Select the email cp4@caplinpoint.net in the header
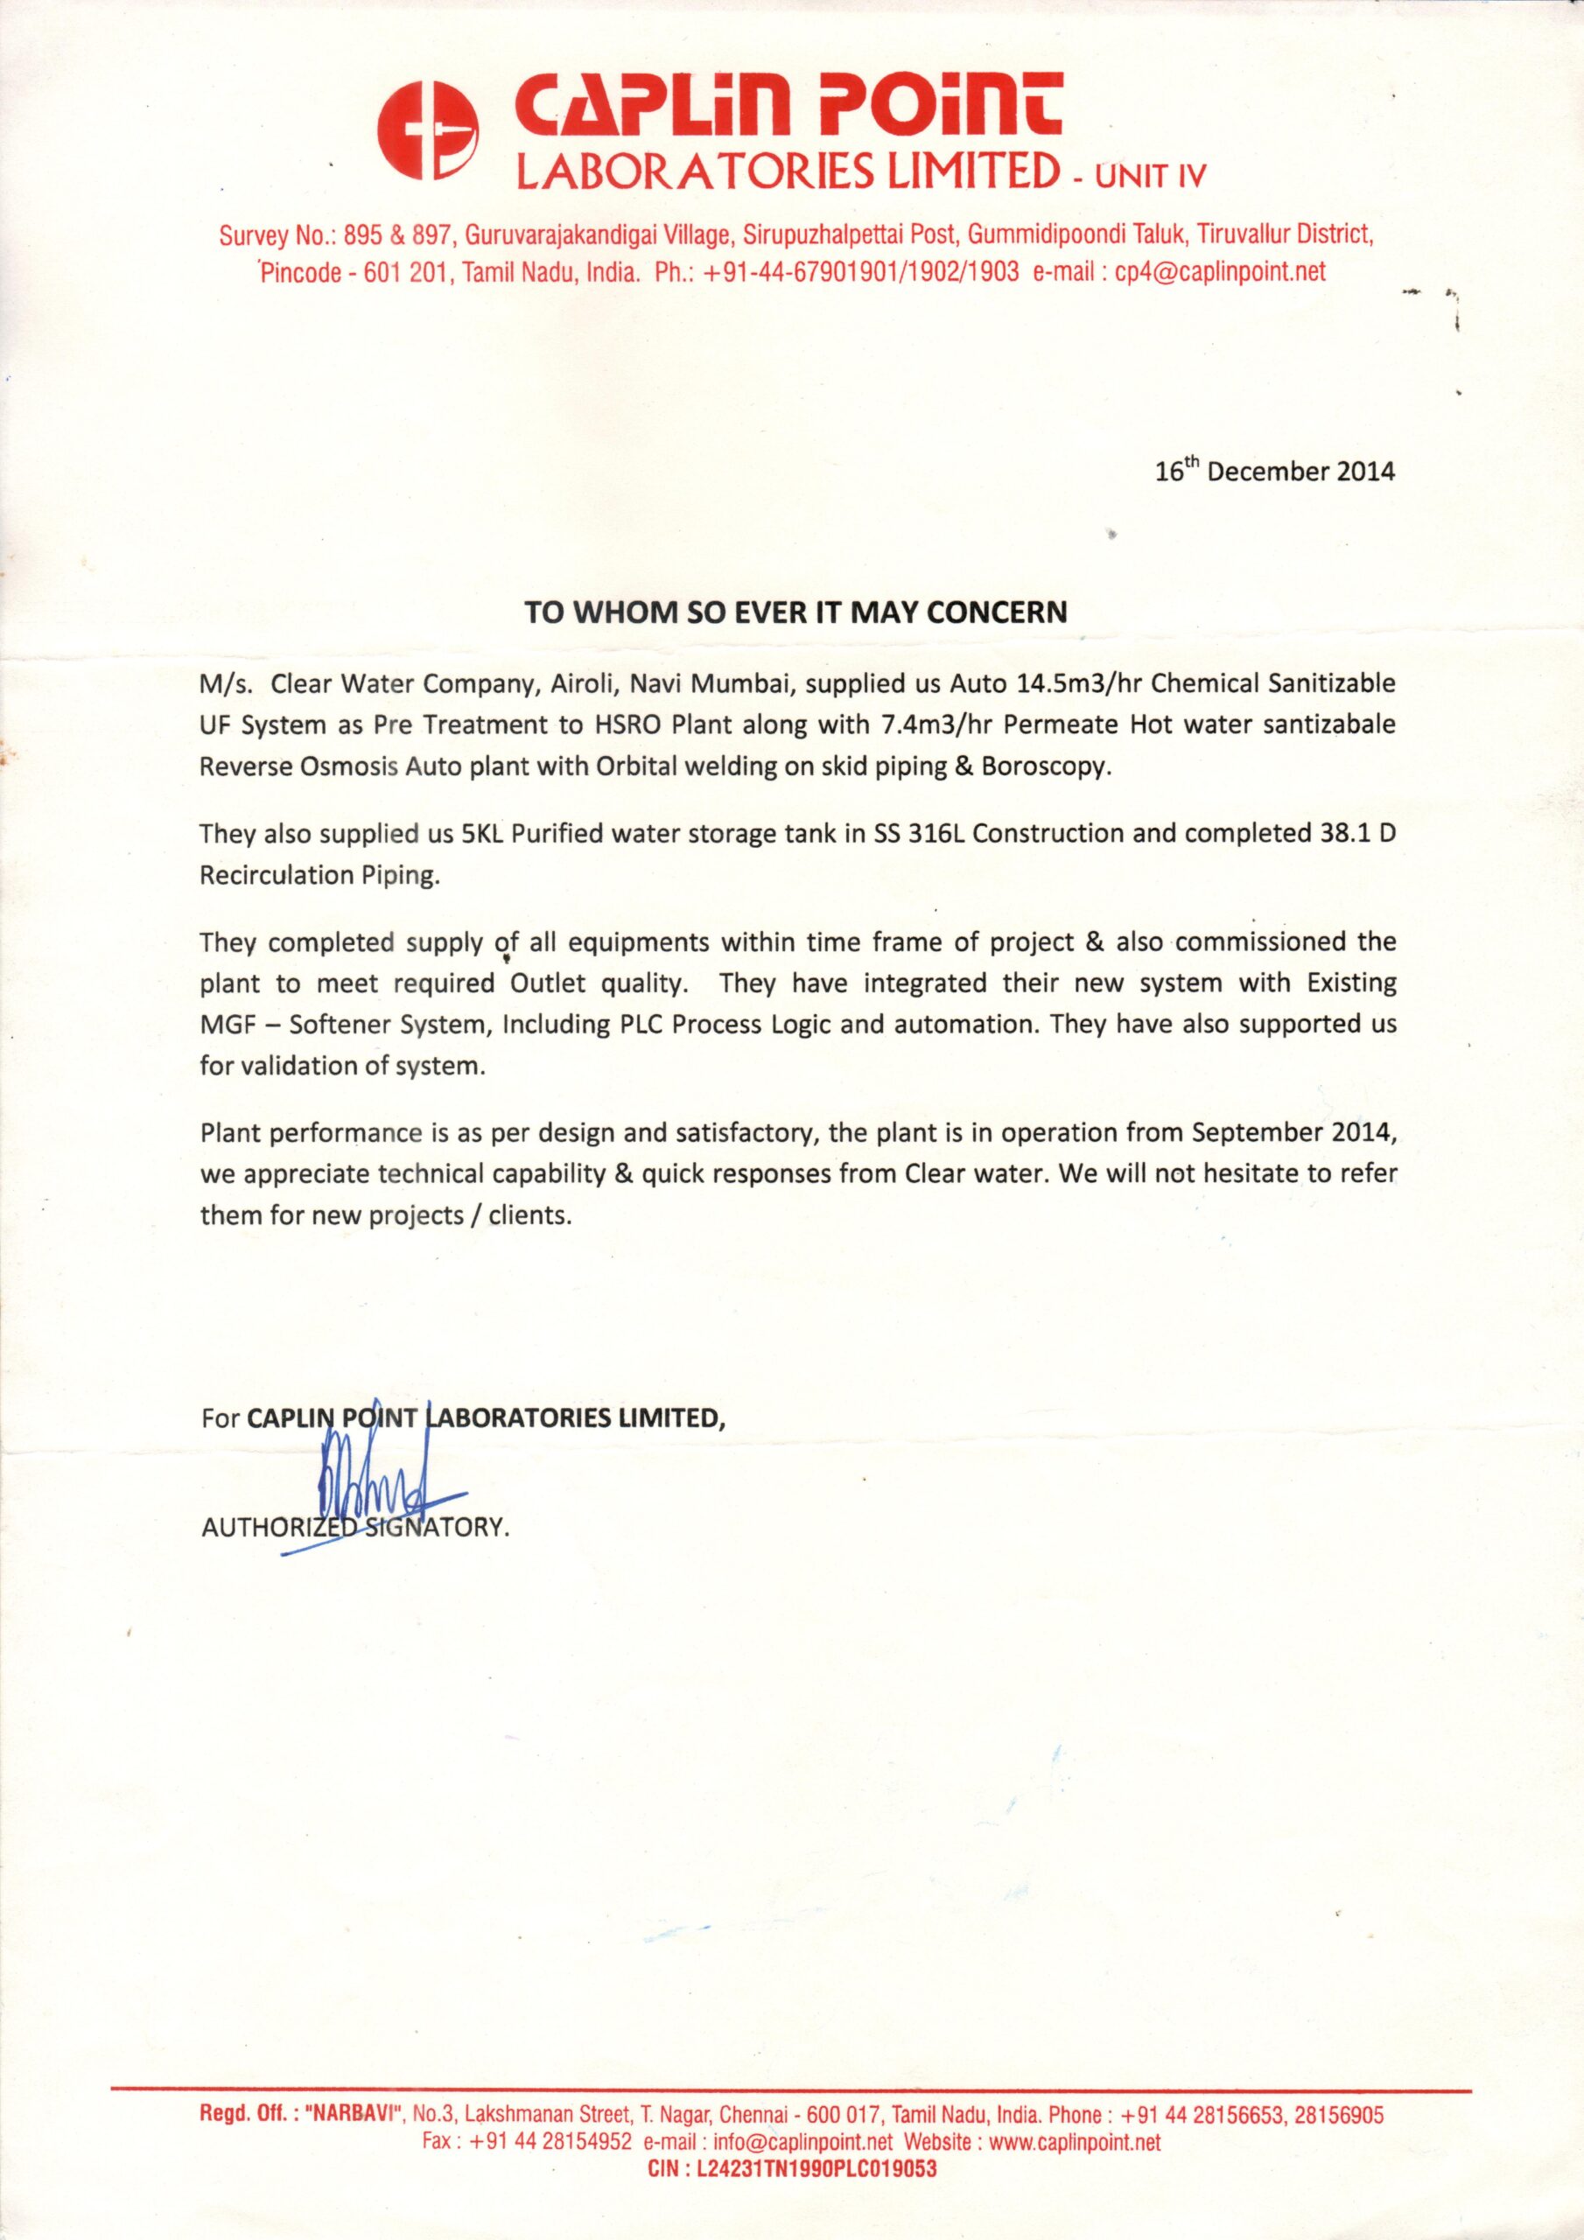(1220, 272)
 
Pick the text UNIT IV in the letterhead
(1151, 177)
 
